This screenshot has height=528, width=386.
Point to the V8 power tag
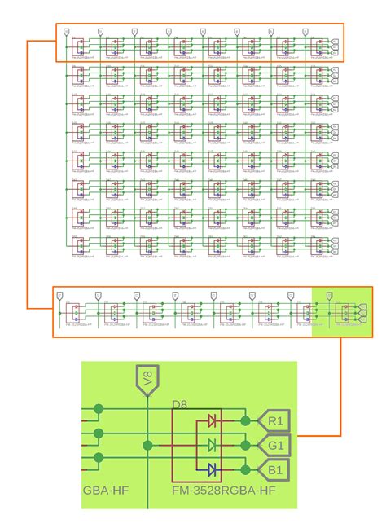(147, 380)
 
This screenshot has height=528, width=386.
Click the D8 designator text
(180, 404)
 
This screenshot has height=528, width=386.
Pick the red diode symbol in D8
(213, 421)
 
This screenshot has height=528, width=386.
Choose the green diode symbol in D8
(213, 446)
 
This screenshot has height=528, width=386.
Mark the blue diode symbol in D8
(213, 469)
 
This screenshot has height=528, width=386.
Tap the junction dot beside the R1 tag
(245, 421)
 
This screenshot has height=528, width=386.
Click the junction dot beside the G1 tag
(245, 446)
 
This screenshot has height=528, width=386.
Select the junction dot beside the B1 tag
(245, 469)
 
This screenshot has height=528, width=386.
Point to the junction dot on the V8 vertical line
(147, 446)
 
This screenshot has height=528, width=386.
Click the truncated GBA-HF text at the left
(106, 491)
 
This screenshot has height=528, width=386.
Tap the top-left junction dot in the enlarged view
(99, 408)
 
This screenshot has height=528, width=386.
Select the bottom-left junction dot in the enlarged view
(99, 457)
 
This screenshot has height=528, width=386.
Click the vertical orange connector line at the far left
(27, 175)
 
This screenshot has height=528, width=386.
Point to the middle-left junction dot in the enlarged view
(99, 433)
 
